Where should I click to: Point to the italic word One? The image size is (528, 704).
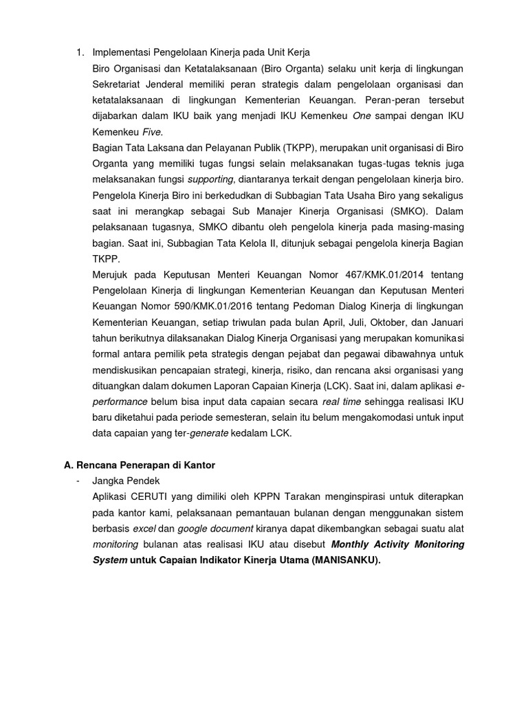click(x=361, y=116)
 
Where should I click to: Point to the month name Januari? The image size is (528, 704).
click(x=447, y=322)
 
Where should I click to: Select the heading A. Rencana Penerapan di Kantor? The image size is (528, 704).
click(x=140, y=465)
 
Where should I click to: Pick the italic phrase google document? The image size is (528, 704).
click(x=209, y=529)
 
